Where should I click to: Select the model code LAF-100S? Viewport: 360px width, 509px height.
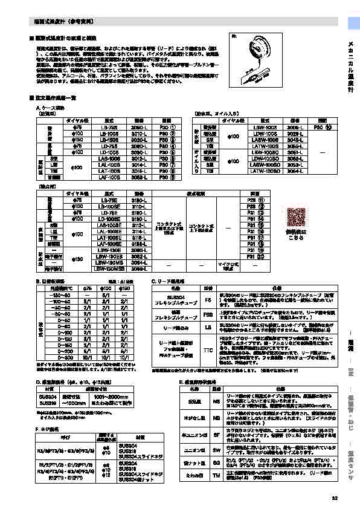click(109, 178)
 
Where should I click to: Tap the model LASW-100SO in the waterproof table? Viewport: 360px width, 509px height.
click(266, 166)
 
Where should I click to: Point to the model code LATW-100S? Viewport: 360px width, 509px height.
click(266, 146)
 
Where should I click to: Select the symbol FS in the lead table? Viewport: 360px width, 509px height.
click(208, 299)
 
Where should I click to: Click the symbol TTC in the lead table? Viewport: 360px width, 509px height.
click(208, 349)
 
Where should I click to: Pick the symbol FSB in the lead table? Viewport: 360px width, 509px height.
click(208, 314)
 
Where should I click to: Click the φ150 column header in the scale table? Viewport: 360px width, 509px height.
click(124, 289)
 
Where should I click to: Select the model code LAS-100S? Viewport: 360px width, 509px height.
click(109, 159)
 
